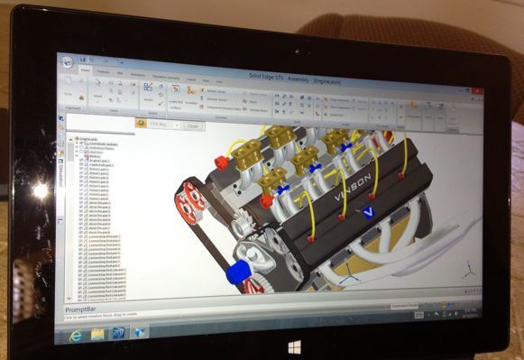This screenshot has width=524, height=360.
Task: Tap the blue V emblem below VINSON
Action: (370, 212)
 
